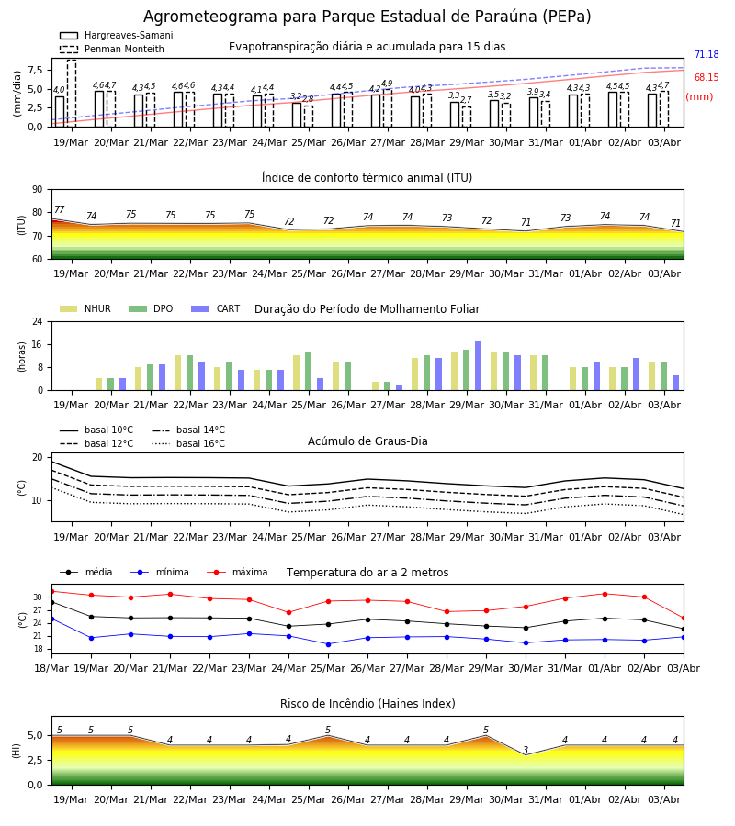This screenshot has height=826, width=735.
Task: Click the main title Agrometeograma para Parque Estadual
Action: (295, 17)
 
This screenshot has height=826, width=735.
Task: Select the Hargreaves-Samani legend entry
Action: (117, 35)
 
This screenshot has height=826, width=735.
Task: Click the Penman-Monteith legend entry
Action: (112, 49)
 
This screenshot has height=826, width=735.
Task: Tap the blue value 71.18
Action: (707, 54)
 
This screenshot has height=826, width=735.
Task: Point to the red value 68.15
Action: (707, 77)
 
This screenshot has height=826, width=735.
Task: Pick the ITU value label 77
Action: (59, 209)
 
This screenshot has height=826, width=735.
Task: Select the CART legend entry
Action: (216, 308)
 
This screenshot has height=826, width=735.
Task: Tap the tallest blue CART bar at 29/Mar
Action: (479, 366)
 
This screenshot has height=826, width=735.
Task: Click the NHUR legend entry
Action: (85, 308)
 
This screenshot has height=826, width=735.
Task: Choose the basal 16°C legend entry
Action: (188, 443)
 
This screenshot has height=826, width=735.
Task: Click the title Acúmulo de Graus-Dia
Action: (367, 441)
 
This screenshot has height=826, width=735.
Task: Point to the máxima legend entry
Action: (237, 572)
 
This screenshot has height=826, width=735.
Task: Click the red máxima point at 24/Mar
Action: (288, 613)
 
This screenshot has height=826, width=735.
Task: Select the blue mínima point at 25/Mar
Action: (329, 644)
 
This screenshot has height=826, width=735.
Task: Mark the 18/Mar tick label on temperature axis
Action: (51, 668)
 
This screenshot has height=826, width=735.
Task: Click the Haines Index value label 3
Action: (526, 750)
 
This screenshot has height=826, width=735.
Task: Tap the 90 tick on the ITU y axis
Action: (38, 190)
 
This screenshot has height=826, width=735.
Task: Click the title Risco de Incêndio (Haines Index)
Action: (367, 704)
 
